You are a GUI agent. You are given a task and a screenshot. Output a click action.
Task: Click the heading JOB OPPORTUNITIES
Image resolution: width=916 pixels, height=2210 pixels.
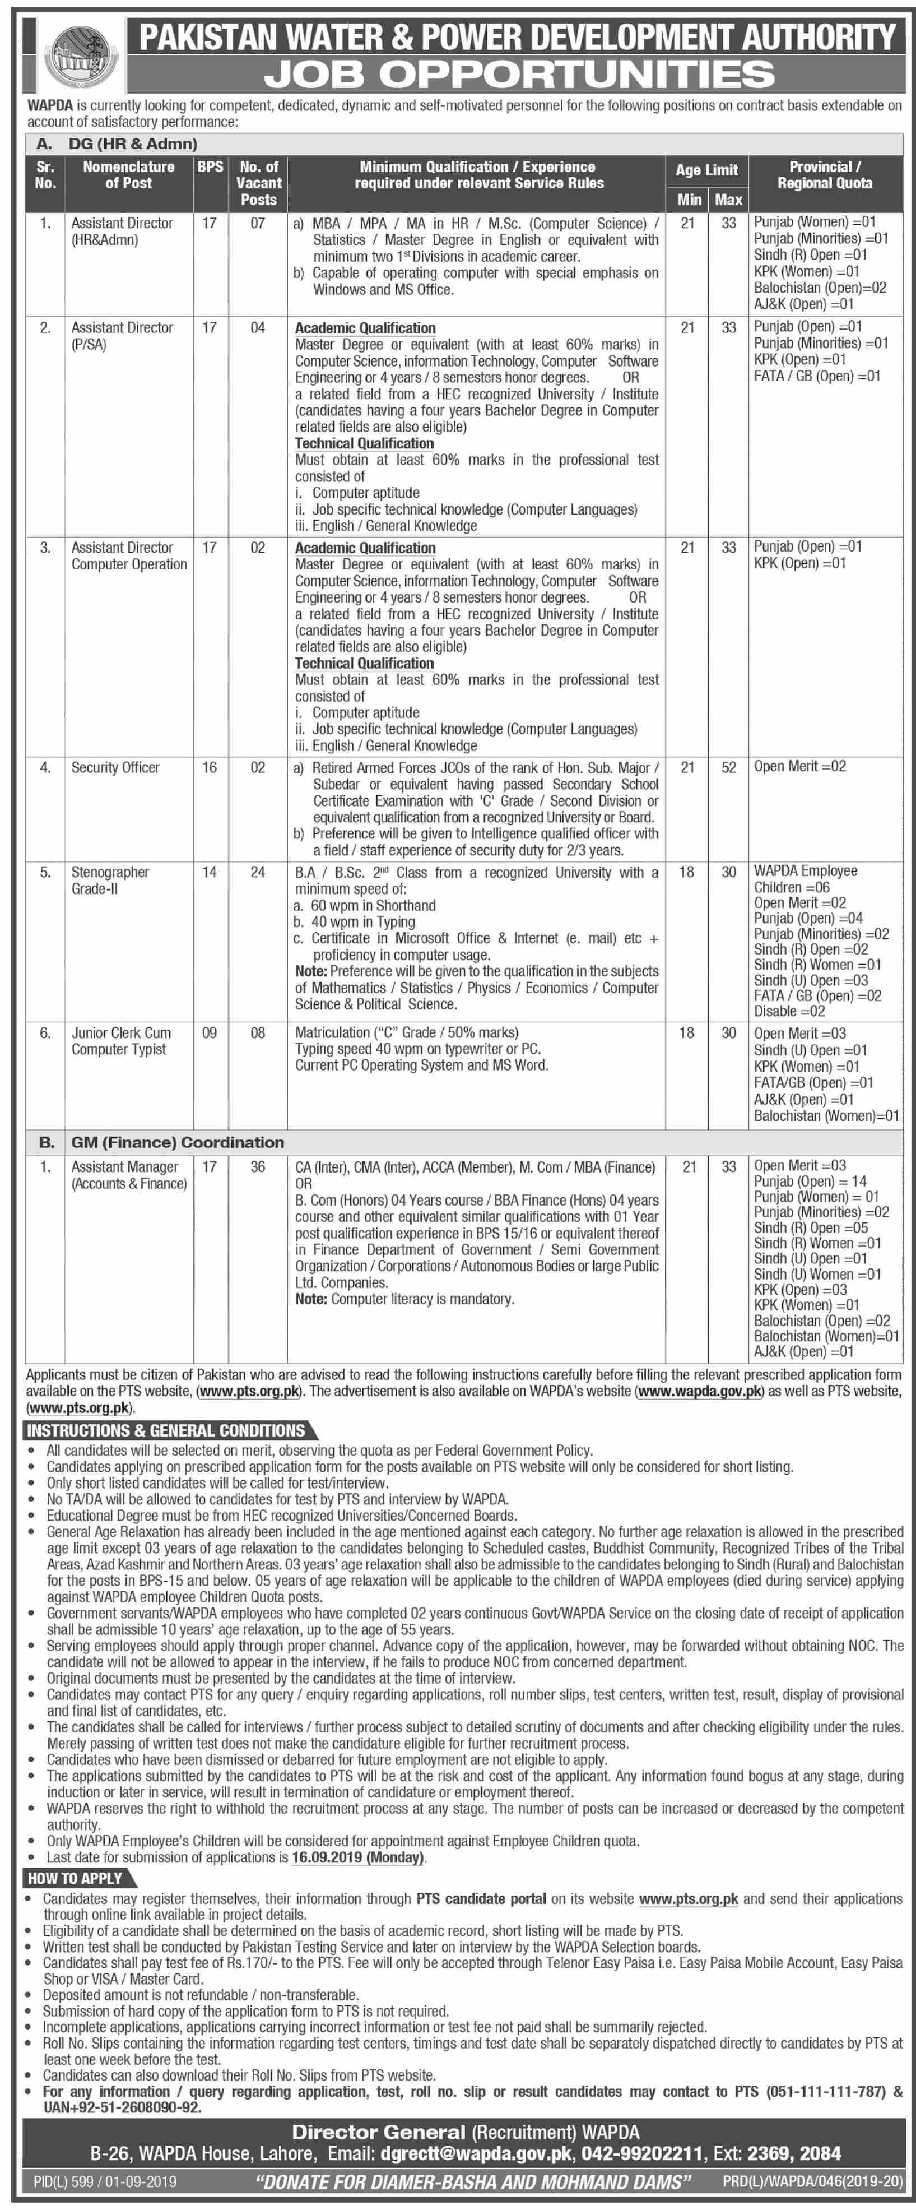pyautogui.click(x=519, y=75)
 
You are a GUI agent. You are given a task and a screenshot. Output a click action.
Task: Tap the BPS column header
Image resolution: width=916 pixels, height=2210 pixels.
pyautogui.click(x=210, y=167)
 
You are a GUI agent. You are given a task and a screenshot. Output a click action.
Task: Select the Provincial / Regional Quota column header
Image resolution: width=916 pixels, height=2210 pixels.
pyautogui.click(x=824, y=175)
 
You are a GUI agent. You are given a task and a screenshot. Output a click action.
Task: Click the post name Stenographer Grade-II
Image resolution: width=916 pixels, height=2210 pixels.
pyautogui.click(x=110, y=880)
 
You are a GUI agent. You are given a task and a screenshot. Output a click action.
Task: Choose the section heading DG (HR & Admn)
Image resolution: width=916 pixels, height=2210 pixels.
pyautogui.click(x=133, y=144)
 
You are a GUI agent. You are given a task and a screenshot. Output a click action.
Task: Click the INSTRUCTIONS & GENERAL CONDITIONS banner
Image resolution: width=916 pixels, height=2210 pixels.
pyautogui.click(x=166, y=1430)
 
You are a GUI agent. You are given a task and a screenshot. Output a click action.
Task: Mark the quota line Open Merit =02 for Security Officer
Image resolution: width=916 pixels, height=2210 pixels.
pyautogui.click(x=799, y=766)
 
